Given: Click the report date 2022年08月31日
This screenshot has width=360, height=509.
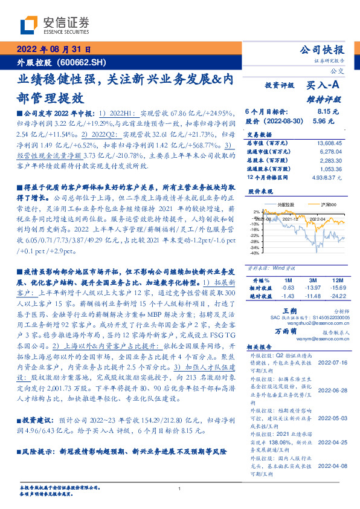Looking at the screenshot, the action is point(53,51).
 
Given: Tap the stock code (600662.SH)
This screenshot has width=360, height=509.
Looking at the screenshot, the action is point(81,62).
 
